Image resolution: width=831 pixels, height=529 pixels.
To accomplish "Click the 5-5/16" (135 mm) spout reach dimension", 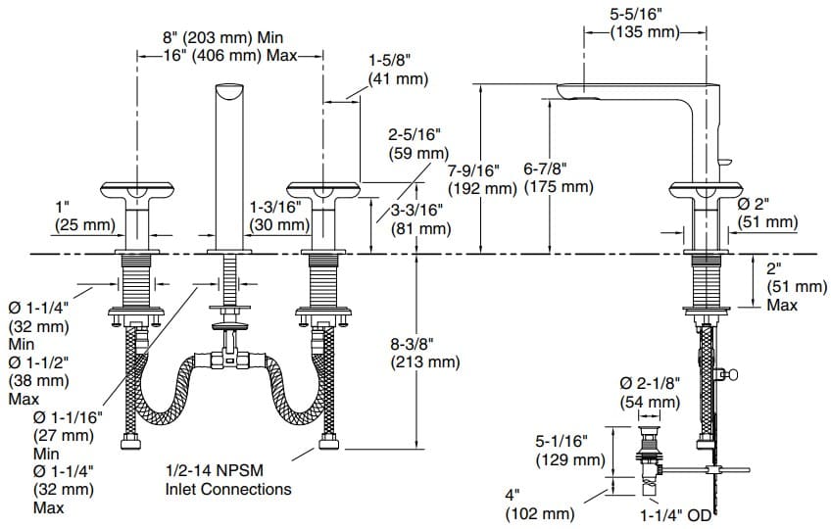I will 645,23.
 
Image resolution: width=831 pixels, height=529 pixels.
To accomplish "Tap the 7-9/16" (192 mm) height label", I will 481,178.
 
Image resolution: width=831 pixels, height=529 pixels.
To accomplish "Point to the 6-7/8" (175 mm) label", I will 558,178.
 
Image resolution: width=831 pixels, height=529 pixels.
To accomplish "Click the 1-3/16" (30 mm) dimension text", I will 279,216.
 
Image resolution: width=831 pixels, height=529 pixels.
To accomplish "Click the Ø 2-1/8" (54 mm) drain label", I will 649,392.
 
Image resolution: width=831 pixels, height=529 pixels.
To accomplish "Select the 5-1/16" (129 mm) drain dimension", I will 569,451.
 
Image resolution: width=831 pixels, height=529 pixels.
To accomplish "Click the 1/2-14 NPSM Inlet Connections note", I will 227,480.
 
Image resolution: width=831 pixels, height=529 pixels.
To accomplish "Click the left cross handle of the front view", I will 136,192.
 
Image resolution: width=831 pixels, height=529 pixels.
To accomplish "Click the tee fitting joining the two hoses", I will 231,361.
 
